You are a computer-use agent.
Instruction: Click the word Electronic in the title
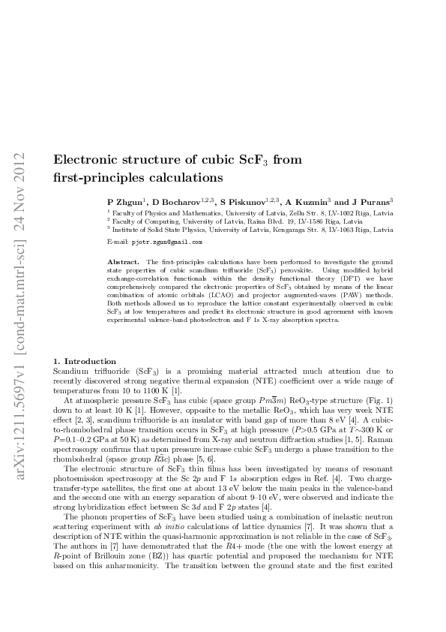coord(88,160)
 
